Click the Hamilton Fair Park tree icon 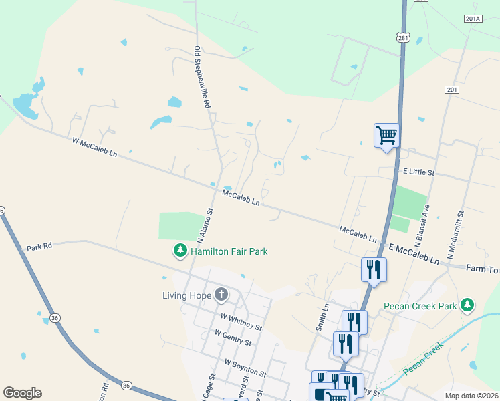[180, 251]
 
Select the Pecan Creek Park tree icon [468, 306]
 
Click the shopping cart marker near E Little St [386, 136]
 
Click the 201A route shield [471, 19]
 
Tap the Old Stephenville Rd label [202, 77]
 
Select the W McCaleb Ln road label [94, 147]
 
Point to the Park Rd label [39, 248]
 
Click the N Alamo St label [205, 224]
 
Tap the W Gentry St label [233, 337]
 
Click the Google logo [22, 393]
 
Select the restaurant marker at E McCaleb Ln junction [373, 269]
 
